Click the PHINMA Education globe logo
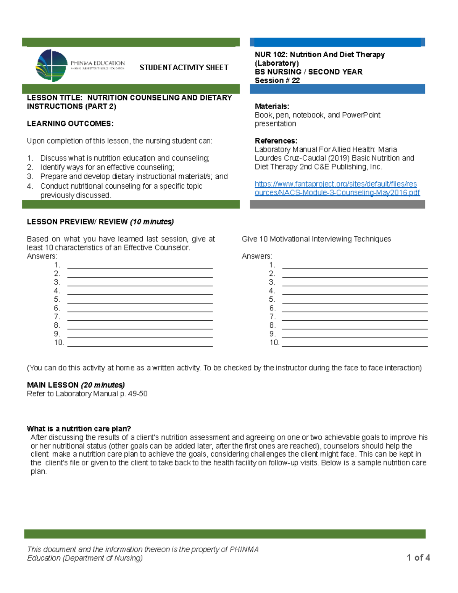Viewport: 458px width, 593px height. [52, 65]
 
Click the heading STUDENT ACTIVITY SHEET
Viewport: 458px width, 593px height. [184, 68]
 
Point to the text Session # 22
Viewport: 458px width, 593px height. [277, 80]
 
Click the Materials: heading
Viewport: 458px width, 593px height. [272, 106]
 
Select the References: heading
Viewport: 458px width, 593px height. [276, 141]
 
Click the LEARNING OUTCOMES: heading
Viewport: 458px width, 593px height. [70, 123]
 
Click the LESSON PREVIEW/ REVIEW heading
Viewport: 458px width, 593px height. [77, 222]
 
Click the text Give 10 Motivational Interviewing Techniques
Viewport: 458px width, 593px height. [316, 239]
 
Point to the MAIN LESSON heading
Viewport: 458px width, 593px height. [53, 385]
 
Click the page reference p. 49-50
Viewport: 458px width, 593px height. [134, 394]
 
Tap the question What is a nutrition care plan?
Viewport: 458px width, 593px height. [79, 428]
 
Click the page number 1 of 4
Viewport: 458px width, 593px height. [418, 557]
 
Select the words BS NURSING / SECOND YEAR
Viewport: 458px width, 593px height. [308, 72]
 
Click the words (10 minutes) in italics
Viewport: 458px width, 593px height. [152, 222]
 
